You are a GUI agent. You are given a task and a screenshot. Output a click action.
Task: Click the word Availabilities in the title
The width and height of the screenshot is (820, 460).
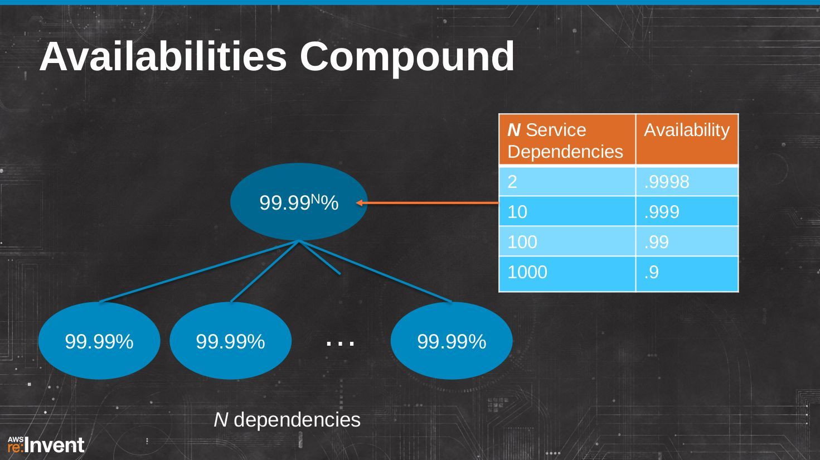pyautogui.click(x=163, y=57)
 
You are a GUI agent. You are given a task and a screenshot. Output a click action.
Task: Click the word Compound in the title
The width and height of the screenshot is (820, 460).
pyautogui.click(x=407, y=59)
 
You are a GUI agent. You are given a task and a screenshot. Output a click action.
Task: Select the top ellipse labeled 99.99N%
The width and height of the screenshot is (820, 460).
pyautogui.click(x=299, y=202)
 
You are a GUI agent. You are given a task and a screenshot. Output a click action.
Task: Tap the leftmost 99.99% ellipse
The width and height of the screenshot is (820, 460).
pyautogui.click(x=99, y=341)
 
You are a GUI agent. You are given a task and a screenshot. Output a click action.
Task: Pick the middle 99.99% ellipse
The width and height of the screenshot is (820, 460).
pyautogui.click(x=231, y=341)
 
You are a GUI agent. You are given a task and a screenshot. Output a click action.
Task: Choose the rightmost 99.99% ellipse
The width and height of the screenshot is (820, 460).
pyautogui.click(x=452, y=341)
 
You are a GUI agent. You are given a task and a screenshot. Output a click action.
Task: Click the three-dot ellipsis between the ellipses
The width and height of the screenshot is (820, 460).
pyautogui.click(x=340, y=343)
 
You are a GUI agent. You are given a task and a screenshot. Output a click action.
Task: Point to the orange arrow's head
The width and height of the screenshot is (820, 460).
pyautogui.click(x=359, y=202)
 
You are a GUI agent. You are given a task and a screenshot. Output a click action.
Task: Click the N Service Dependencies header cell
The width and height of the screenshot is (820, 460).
pyautogui.click(x=567, y=139)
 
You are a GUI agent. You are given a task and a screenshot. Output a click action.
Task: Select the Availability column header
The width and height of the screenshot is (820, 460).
pyautogui.click(x=687, y=139)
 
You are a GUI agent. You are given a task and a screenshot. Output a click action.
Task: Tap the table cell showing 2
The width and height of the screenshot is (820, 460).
pyautogui.click(x=567, y=181)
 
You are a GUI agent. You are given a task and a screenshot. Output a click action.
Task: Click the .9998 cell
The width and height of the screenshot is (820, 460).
pyautogui.click(x=687, y=181)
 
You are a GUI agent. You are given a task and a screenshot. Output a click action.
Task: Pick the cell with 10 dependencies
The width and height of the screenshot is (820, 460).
pyautogui.click(x=567, y=211)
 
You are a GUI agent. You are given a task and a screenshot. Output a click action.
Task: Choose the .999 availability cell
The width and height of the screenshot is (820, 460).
pyautogui.click(x=687, y=211)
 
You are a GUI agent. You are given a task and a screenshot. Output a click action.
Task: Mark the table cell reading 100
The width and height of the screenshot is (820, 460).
pyautogui.click(x=567, y=241)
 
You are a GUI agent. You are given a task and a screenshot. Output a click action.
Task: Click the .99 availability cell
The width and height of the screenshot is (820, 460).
pyautogui.click(x=687, y=241)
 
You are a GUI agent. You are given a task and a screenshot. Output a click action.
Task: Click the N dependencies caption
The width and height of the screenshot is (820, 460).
pyautogui.click(x=287, y=420)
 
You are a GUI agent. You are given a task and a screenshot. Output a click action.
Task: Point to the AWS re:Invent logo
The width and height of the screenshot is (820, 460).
pyautogui.click(x=46, y=444)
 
